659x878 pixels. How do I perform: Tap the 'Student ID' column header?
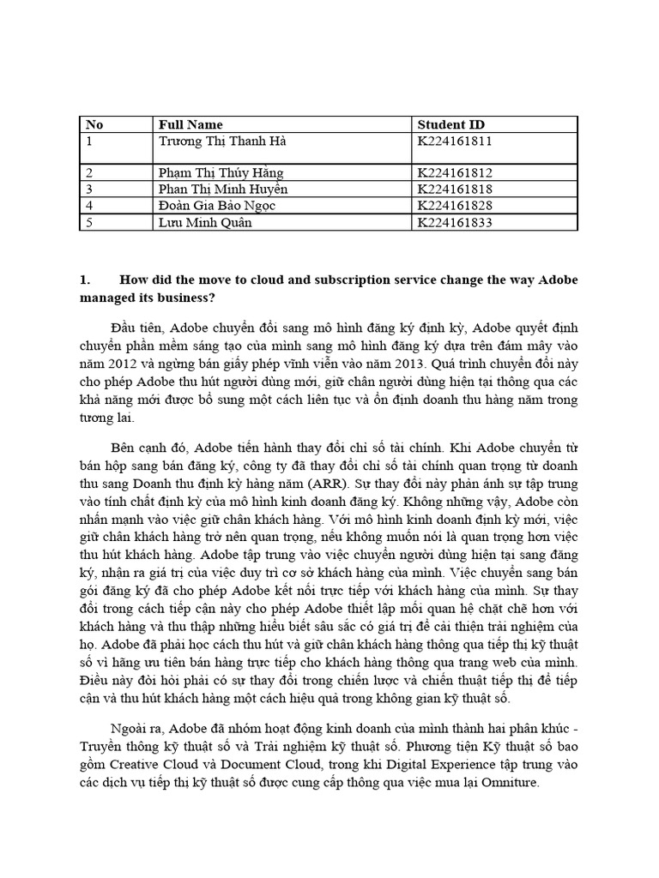[450, 125]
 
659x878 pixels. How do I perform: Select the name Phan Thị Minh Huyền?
[223, 189]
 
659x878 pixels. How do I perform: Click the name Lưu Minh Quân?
[200, 222]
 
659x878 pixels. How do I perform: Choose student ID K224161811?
[455, 141]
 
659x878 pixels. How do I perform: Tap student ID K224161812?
[455, 173]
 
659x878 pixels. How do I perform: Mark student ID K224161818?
[455, 189]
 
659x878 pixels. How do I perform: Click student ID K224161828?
[455, 206]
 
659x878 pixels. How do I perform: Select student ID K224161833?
[455, 222]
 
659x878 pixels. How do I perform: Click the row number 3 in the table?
[88, 189]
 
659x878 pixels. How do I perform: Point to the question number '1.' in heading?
[84, 279]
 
